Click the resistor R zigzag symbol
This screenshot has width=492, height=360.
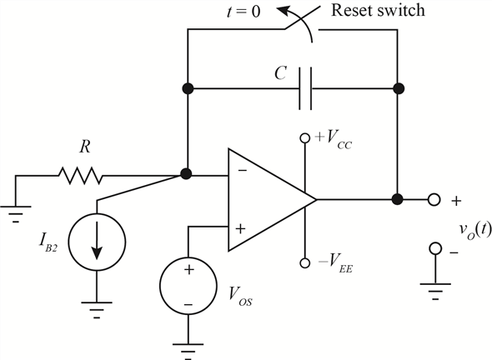[80, 176]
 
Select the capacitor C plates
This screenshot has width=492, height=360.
[305, 88]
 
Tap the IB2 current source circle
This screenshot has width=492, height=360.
[97, 242]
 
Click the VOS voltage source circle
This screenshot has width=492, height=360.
[188, 285]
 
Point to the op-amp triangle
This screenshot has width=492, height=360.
[272, 200]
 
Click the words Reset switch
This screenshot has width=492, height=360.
[378, 10]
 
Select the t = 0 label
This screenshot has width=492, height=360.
[243, 12]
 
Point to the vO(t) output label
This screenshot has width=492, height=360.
[474, 231]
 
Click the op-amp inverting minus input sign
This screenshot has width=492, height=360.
[242, 170]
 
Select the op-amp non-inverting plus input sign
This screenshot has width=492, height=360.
[240, 229]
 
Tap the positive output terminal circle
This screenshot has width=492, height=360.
[434, 199]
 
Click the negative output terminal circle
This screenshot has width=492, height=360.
[435, 248]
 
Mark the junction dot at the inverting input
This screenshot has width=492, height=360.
[186, 173]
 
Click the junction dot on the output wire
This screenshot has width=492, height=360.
[398, 199]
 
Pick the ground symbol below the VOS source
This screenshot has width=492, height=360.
[188, 351]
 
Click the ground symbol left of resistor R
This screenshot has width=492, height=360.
[16, 214]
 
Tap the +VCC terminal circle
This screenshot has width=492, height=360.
[304, 137]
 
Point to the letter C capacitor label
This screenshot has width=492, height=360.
[280, 73]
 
